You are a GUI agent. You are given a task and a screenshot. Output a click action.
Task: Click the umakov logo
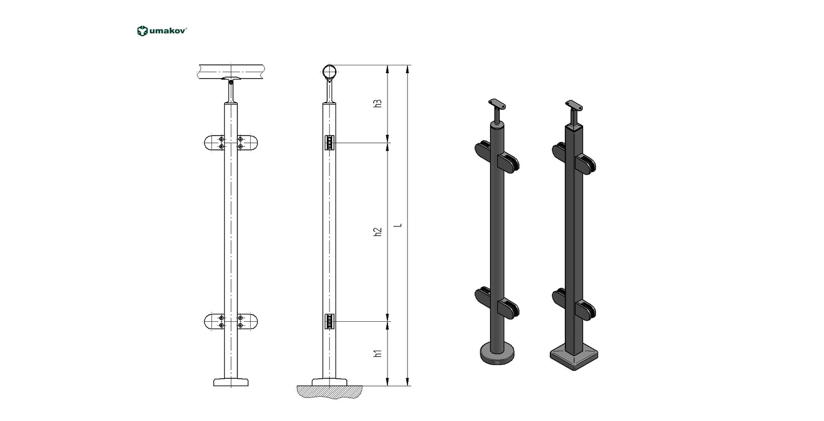[161, 31]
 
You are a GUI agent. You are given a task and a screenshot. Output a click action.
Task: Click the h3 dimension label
[378, 104]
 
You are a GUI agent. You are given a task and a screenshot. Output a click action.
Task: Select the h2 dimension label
[378, 232]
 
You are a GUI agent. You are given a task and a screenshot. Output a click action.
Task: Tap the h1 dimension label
[378, 353]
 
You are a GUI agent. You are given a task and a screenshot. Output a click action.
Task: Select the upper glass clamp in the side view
[330, 143]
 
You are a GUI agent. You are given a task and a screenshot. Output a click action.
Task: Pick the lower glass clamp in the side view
[330, 322]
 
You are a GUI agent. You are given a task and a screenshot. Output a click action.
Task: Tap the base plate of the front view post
[231, 382]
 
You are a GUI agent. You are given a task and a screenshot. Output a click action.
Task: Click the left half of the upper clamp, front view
[213, 143]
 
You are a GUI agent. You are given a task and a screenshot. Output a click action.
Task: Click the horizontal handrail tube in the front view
[231, 72]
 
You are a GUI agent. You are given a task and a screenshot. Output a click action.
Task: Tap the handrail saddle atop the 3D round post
[497, 104]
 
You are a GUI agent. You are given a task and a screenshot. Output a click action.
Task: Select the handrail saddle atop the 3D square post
[574, 105]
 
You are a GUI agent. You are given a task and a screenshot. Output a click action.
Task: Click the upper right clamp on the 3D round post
[509, 163]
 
